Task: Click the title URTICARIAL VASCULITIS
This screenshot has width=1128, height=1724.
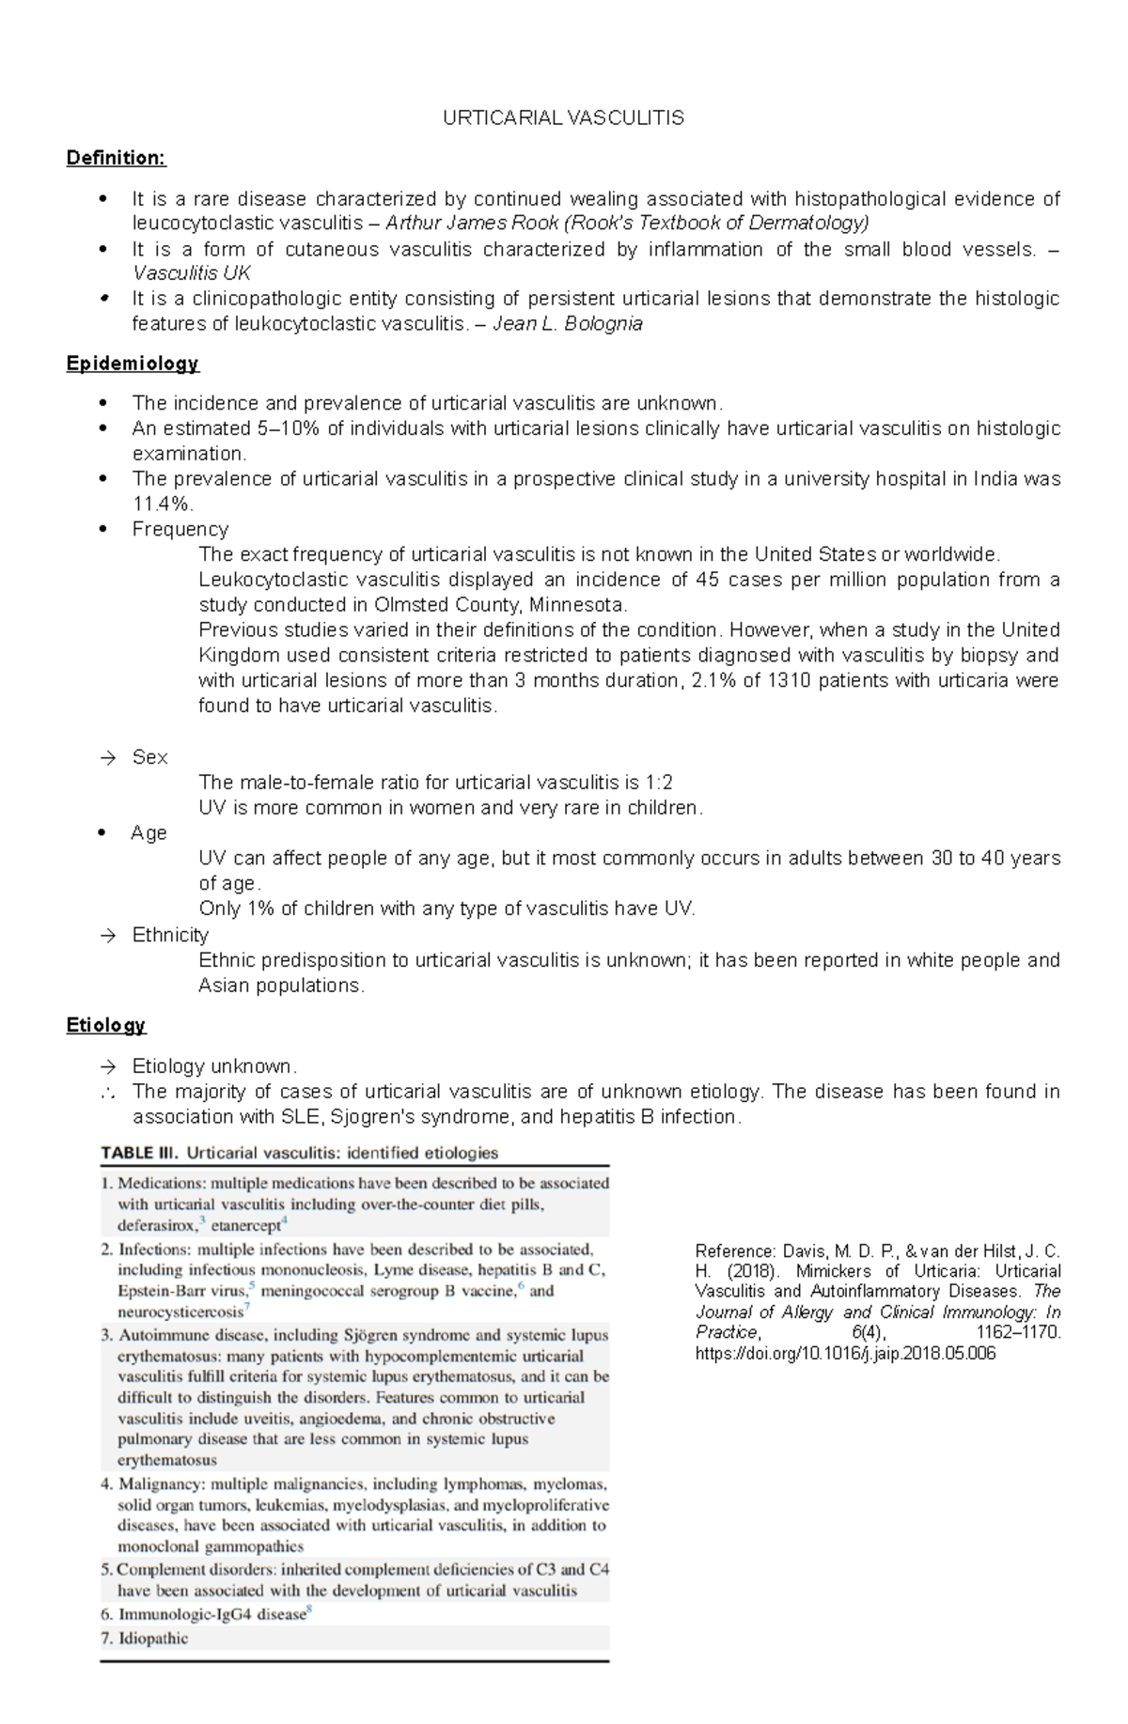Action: [563, 117]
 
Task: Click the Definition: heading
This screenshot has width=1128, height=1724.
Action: [116, 158]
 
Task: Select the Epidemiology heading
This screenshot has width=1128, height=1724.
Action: [133, 363]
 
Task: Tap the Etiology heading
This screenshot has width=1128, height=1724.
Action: [105, 1025]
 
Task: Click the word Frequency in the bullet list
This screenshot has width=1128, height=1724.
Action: [180, 530]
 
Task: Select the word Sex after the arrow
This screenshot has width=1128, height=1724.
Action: [149, 757]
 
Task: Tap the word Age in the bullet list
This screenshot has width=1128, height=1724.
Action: [149, 833]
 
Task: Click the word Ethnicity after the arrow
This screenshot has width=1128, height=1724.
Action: [170, 935]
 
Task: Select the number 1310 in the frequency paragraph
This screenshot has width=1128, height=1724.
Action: [791, 681]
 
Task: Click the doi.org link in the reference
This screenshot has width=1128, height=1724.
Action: [844, 1354]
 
